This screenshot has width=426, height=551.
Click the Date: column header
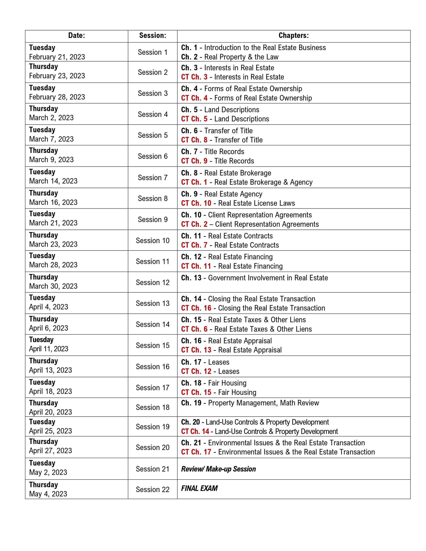click(x=76, y=36)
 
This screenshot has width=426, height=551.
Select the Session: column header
click(x=152, y=36)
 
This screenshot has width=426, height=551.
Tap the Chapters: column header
click(x=293, y=36)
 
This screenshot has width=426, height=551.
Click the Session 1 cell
click(x=152, y=52)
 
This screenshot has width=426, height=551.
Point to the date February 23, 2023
click(x=57, y=76)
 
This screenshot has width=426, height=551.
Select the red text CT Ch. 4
click(x=194, y=98)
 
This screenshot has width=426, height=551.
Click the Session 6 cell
click(x=152, y=156)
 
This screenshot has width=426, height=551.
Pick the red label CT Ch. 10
click(x=196, y=203)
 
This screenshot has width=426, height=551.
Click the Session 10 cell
click(x=152, y=241)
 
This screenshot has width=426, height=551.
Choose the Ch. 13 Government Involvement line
click(x=255, y=278)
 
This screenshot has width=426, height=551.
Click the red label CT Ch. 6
click(x=194, y=329)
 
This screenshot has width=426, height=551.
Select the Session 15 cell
click(x=152, y=345)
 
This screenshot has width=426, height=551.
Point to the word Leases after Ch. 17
click(x=219, y=362)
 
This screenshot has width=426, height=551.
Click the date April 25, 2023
click(x=50, y=431)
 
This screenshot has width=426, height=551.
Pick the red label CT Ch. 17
click(x=196, y=452)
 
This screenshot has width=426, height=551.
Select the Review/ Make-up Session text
click(x=218, y=469)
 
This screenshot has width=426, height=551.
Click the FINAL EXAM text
click(x=199, y=488)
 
